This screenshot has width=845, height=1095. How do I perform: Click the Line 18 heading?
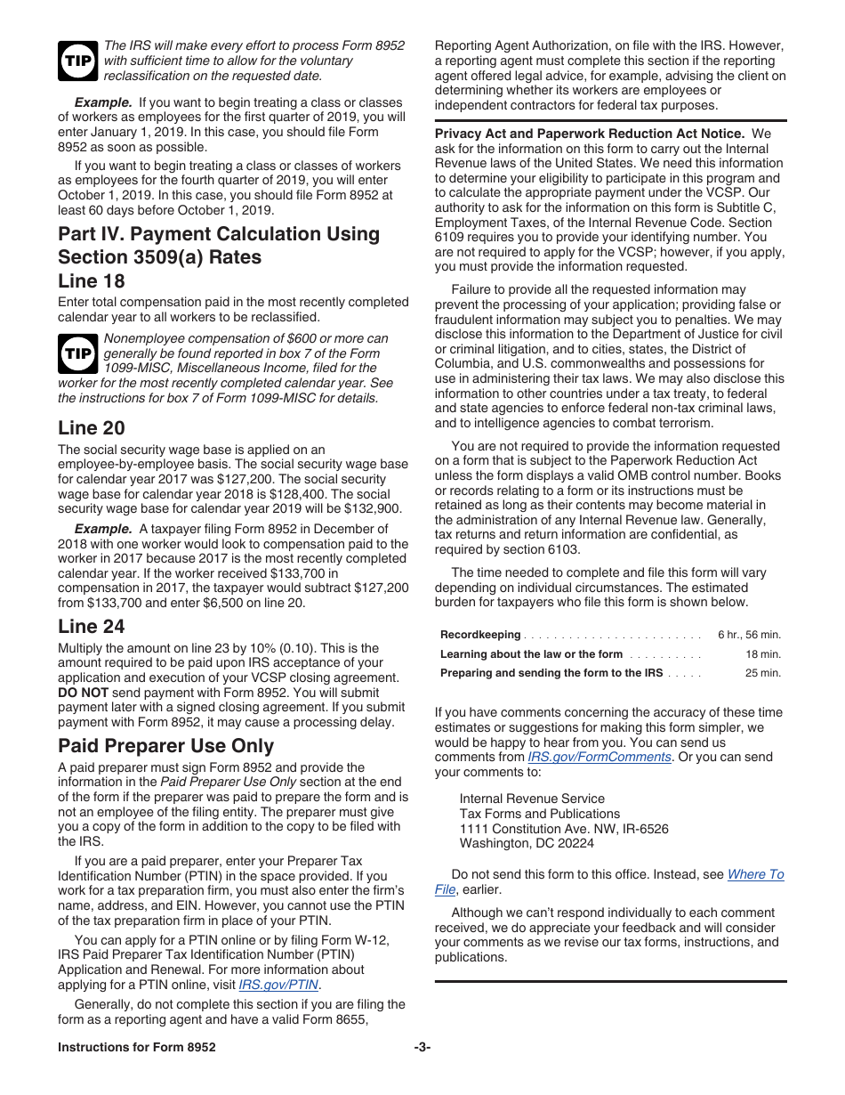(92, 281)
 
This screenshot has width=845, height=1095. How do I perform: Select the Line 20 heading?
(92, 428)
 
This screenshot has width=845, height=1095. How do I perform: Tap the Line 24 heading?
(92, 627)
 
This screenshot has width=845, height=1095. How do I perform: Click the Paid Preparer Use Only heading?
(165, 746)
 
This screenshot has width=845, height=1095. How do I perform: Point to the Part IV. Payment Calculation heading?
(218, 246)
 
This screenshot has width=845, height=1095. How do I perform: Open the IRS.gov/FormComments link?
(600, 757)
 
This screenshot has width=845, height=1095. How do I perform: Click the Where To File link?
(755, 874)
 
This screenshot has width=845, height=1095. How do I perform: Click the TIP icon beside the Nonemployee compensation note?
(78, 353)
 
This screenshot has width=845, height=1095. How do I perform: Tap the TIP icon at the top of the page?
(78, 60)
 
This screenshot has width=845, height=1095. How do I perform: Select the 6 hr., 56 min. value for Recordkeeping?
(749, 635)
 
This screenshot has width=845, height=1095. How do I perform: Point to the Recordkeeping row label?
(480, 635)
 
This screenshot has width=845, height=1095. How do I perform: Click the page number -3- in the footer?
(422, 1048)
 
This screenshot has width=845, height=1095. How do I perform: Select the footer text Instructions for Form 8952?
(136, 1048)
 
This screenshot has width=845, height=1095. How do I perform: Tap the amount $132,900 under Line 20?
(373, 509)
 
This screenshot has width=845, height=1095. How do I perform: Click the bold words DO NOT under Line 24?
(83, 692)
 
